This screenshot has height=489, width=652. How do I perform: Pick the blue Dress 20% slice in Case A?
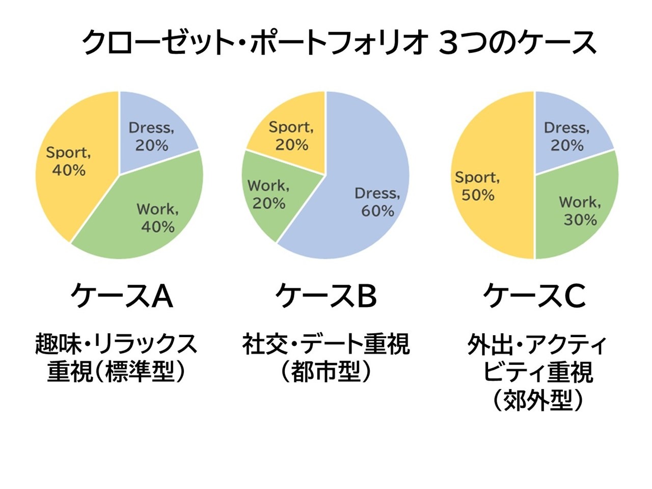[153, 127]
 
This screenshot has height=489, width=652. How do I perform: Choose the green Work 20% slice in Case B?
[267, 196]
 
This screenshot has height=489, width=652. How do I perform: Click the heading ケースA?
[122, 296]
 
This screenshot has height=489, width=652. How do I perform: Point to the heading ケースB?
[326, 296]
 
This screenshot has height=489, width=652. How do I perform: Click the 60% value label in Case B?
[377, 211]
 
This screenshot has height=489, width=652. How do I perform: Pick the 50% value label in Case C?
[478, 195]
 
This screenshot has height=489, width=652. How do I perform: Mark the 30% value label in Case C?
[580, 220]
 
